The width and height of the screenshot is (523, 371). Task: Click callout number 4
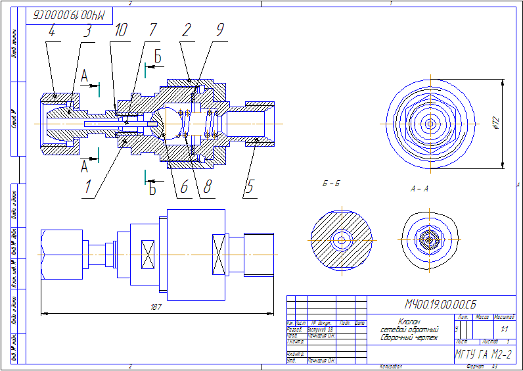[x=52, y=31]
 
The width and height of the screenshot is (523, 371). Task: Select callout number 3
[x=85, y=31]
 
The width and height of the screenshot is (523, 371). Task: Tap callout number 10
[x=121, y=31]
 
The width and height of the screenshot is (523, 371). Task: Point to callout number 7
[x=152, y=31]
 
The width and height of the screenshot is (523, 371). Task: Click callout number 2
[x=187, y=31]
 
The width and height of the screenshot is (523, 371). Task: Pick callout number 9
[x=219, y=31]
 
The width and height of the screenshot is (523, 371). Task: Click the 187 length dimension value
[x=156, y=307]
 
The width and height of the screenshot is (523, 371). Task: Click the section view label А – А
[x=419, y=189]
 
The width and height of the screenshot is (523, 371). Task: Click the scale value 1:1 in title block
[x=505, y=328]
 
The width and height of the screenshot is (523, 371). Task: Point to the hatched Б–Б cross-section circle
[x=341, y=239]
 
